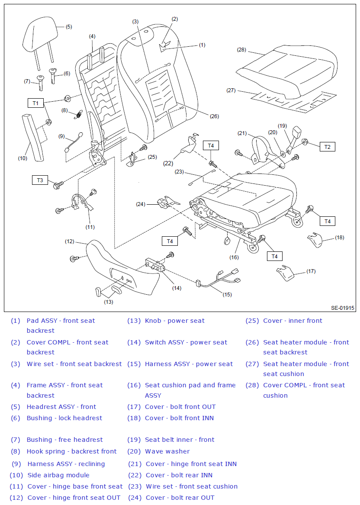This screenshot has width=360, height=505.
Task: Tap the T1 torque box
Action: [36, 103]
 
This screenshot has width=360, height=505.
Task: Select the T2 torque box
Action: [328, 147]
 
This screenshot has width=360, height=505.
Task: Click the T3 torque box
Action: [40, 180]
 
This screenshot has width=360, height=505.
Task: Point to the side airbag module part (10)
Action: [33, 137]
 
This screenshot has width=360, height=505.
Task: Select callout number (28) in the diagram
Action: [241, 50]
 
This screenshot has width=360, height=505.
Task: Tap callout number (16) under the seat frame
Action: [234, 257]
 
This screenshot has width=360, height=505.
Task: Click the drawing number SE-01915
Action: [343, 308]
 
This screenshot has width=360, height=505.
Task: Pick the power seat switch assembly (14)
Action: [155, 265]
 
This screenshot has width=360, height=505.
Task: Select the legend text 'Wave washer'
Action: [167, 451]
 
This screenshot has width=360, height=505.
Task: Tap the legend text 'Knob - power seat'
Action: [175, 321]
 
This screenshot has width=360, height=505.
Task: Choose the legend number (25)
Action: [252, 321]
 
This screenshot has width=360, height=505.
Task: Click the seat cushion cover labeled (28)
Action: [287, 72]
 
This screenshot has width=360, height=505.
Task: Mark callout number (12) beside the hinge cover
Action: [70, 241]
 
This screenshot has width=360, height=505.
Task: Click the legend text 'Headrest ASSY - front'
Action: [61, 407]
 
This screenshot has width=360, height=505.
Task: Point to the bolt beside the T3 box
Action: [58, 185]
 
